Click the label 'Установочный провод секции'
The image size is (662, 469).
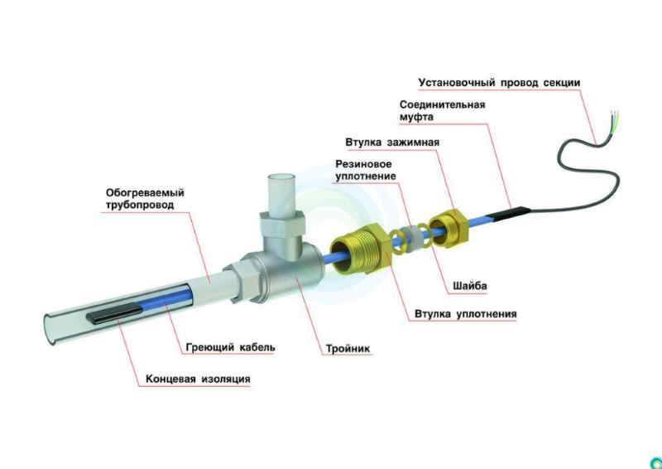point(499,83)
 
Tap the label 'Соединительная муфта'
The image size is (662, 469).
point(442,110)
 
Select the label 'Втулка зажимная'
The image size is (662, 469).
point(392,142)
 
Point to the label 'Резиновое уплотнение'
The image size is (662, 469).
point(366,170)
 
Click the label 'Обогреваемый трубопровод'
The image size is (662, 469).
point(145,199)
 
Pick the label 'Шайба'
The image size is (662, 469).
point(470,286)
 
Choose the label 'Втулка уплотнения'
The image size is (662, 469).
point(465,314)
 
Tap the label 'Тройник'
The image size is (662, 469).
point(348,349)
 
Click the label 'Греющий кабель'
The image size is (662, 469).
point(231,347)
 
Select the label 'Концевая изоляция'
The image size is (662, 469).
point(198,379)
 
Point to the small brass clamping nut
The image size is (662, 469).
point(448,229)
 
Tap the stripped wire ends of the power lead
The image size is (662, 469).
point(615,119)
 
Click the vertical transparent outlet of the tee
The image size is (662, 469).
point(282,191)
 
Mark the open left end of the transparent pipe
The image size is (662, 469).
point(50,329)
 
